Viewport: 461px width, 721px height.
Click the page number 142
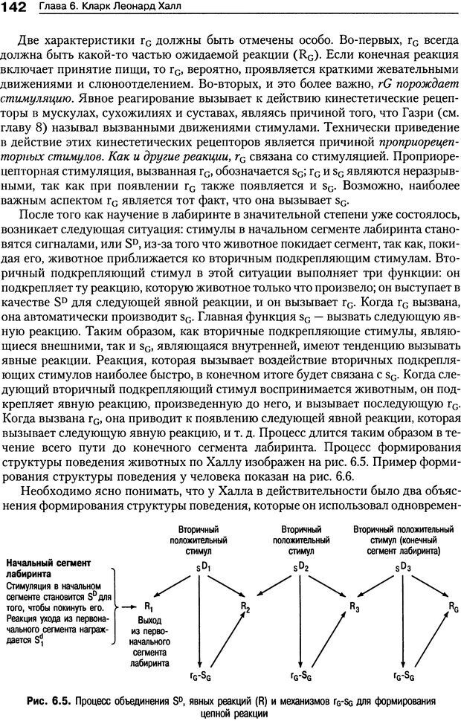click(14, 7)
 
